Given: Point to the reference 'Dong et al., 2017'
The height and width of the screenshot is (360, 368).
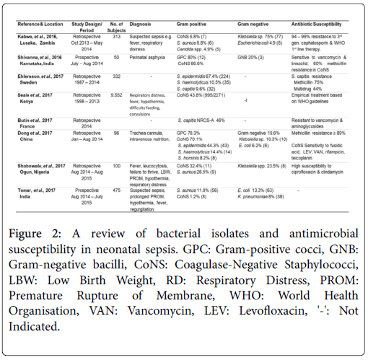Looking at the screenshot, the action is [x=30, y=133].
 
